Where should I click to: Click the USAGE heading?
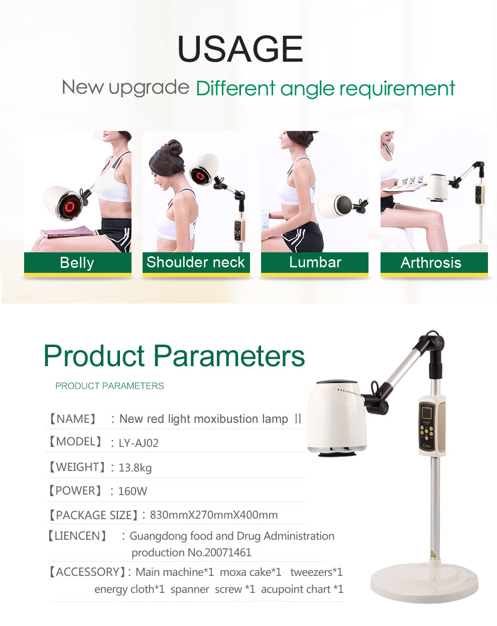point(240,49)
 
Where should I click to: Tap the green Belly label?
point(78,263)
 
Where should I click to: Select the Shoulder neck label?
point(196,262)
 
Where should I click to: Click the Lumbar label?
point(315,262)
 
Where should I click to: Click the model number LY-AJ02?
point(139,443)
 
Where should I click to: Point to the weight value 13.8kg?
point(135,468)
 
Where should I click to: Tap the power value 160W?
point(133,491)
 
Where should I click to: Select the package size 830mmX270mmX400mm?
point(214,515)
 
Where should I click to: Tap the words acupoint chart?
point(296,589)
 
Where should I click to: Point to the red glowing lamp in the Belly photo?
point(70,206)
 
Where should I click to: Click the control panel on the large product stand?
point(427,425)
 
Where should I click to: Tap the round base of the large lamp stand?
point(424,583)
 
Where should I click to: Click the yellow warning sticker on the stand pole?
point(433,554)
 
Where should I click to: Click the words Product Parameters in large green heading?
point(174,356)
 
